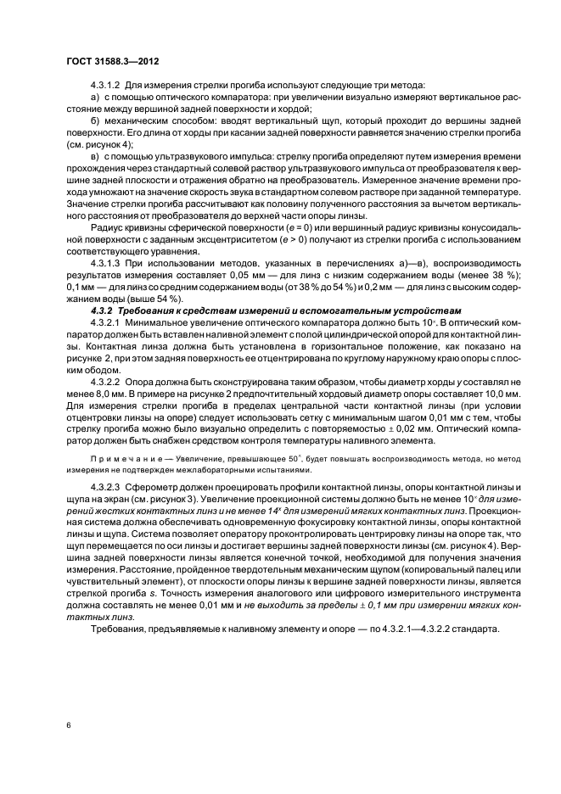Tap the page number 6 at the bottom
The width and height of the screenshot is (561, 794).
click(67, 726)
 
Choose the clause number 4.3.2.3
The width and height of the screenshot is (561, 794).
click(106, 489)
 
